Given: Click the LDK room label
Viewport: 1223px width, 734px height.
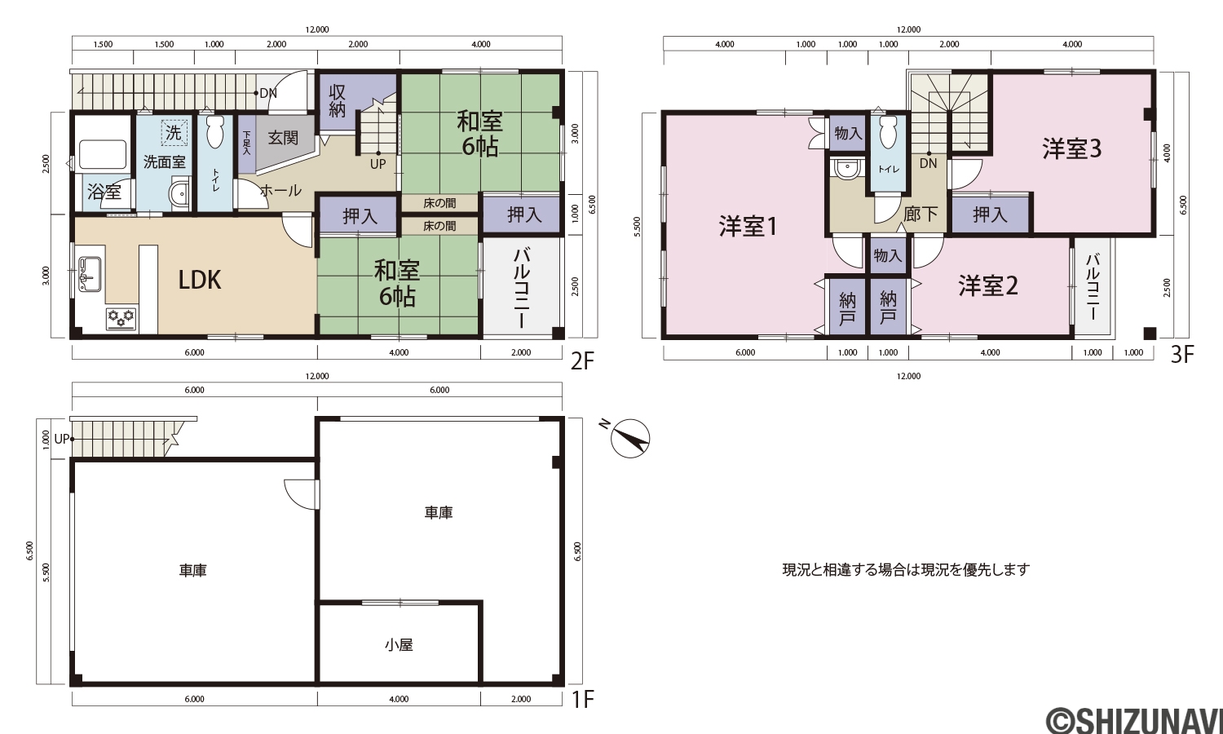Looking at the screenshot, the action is [x=200, y=280].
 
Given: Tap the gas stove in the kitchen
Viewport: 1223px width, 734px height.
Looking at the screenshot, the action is [x=121, y=319].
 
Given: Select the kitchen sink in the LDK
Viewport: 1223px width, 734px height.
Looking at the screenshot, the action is [x=90, y=274].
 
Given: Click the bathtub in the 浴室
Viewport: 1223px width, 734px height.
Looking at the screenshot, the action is [x=104, y=155].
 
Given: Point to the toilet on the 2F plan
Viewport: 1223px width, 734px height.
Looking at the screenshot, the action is [x=214, y=131].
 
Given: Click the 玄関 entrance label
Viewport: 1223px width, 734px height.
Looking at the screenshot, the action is [x=283, y=138].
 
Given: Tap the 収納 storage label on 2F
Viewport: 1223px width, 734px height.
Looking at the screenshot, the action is [x=338, y=101].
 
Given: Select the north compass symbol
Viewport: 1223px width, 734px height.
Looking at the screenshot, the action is [x=629, y=438].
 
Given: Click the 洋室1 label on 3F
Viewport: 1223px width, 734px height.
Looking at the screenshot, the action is [x=748, y=226].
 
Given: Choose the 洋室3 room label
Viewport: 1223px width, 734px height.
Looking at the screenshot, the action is [x=1072, y=148].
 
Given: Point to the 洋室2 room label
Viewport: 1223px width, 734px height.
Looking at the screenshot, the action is [x=988, y=285].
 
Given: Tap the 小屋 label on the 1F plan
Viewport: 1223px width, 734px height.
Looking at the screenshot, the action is [x=399, y=645].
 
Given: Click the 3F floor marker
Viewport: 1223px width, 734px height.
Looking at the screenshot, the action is [x=1182, y=356].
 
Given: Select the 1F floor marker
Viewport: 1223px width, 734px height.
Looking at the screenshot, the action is [x=582, y=699].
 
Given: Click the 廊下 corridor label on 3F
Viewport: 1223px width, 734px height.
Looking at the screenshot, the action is [x=921, y=214].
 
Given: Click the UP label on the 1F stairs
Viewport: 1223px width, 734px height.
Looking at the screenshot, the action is [x=62, y=439].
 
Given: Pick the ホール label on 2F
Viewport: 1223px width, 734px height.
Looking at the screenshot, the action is [x=280, y=191].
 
